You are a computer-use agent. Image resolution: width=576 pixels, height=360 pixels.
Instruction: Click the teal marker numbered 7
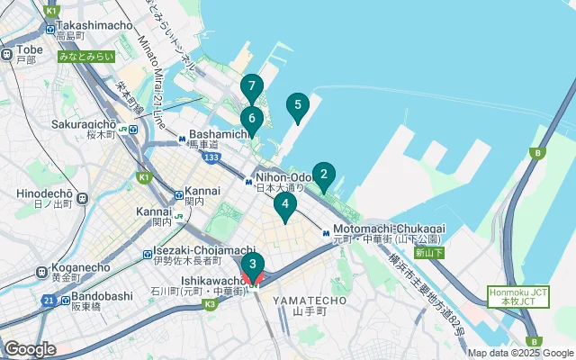(252, 87)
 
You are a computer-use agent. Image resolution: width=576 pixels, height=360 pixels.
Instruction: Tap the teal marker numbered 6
(252, 118)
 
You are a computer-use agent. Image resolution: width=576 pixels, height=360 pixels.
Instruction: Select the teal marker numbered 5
(298, 105)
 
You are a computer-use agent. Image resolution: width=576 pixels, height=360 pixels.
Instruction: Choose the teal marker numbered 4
(285, 205)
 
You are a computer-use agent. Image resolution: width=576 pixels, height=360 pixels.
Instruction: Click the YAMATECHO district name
(302, 299)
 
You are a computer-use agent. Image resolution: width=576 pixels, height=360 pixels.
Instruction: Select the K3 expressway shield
(210, 304)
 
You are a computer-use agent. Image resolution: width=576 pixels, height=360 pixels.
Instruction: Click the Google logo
(29, 348)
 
